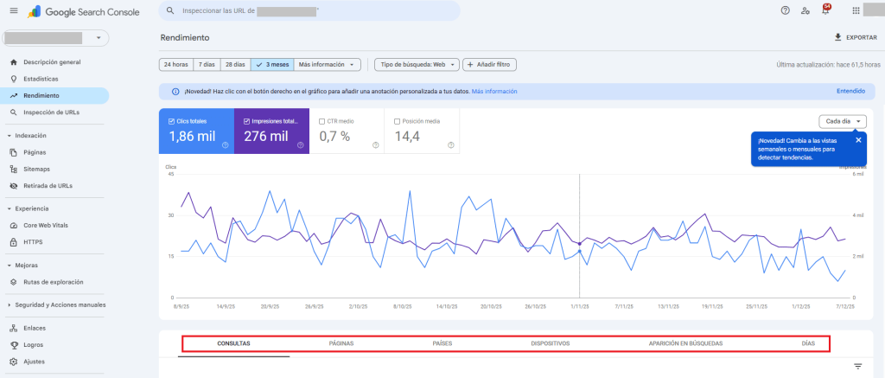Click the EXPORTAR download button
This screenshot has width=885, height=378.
855,38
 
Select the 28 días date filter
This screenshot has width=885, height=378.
234,65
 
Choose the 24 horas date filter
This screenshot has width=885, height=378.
175,65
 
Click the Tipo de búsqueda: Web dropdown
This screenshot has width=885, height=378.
414,65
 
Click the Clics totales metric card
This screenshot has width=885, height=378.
195,131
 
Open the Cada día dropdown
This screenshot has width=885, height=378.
842,121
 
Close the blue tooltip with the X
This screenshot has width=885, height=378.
858,140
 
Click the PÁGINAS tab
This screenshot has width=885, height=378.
341,343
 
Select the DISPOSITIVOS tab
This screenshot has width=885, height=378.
551,343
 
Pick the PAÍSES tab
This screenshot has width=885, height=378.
442,343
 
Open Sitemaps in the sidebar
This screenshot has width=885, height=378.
37,169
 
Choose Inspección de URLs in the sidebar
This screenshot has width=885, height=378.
52,112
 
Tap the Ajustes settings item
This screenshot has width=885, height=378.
34,361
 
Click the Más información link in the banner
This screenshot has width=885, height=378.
494,91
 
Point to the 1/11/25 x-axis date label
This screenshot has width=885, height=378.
579,306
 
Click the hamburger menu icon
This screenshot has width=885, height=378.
13,10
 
